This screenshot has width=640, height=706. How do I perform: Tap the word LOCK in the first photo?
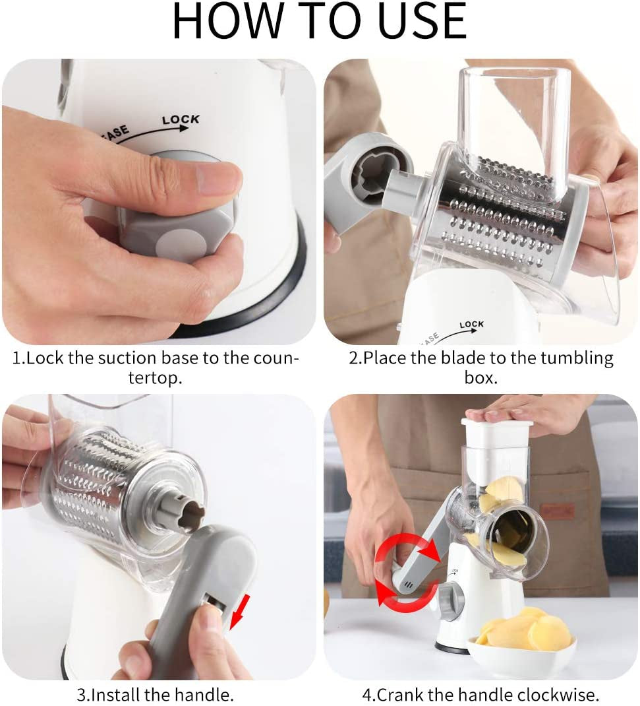[180, 120]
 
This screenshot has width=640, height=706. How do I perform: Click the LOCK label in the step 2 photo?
[471, 325]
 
